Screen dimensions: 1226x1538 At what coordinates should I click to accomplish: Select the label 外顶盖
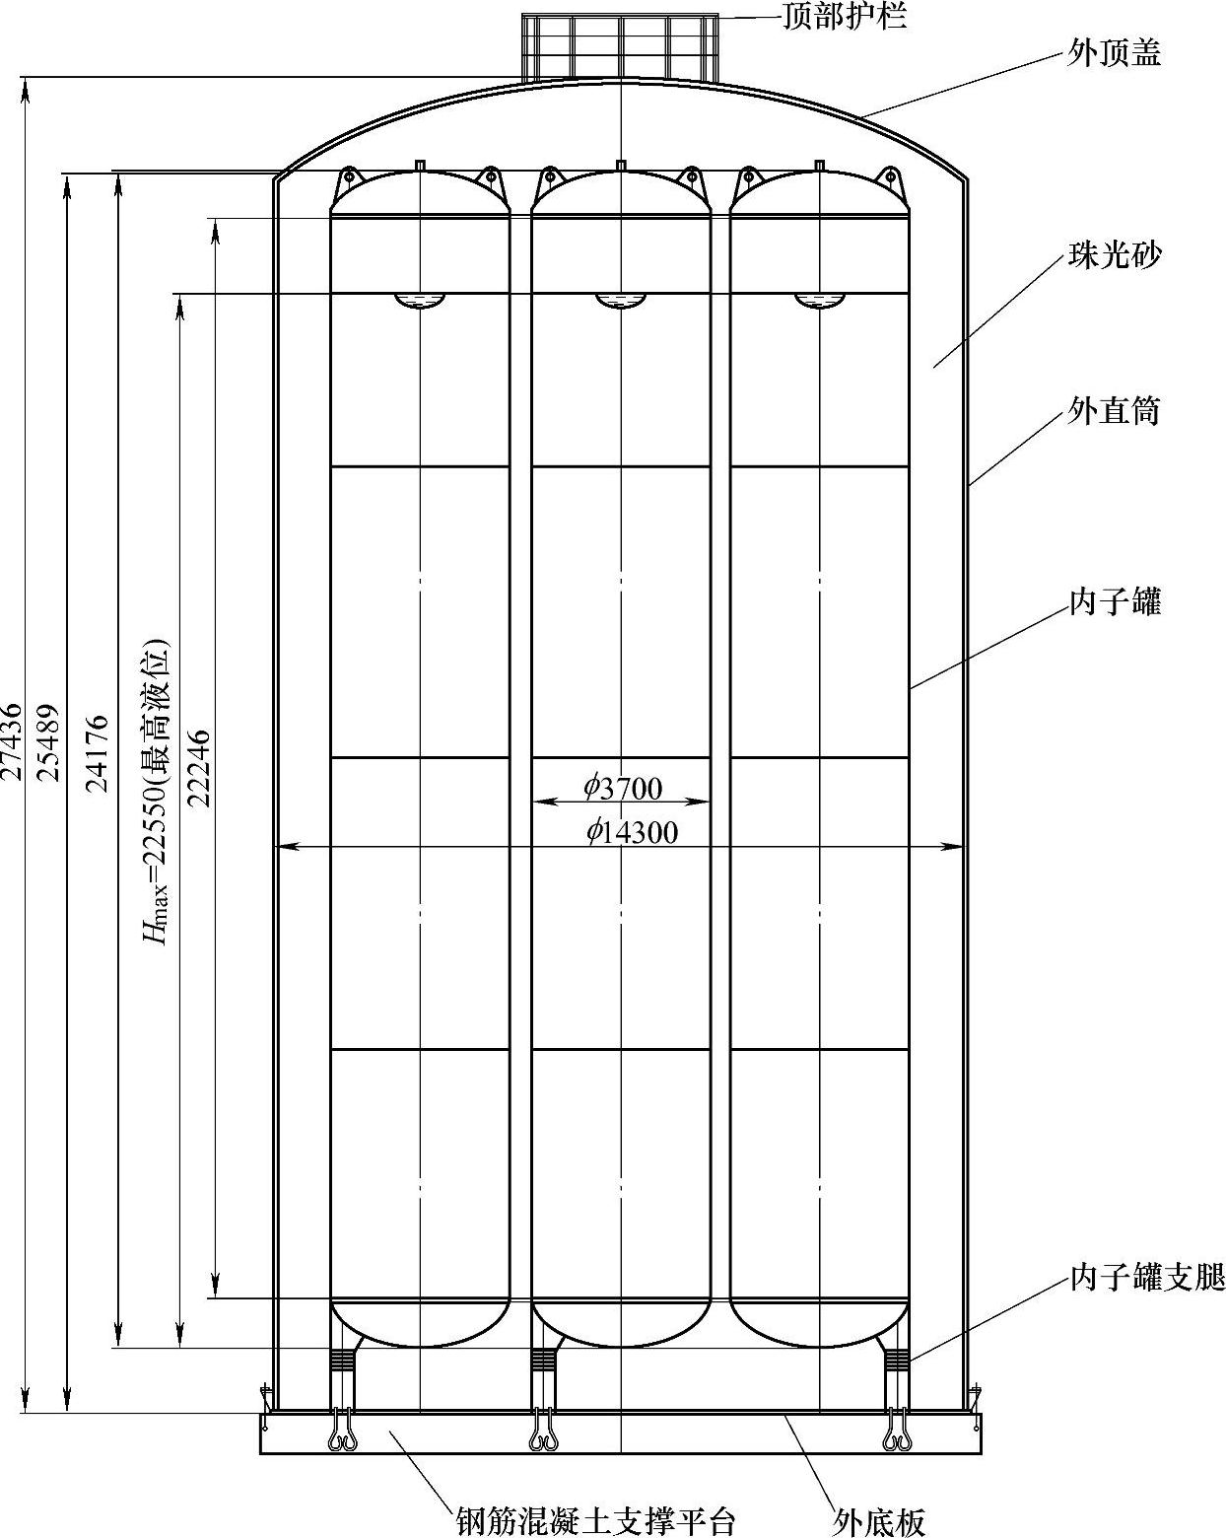(x=1114, y=52)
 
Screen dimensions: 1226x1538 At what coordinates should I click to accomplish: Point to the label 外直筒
(x=1114, y=410)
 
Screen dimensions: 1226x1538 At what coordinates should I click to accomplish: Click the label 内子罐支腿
(x=1146, y=1279)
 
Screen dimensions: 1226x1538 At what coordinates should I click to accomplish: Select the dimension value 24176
(x=98, y=754)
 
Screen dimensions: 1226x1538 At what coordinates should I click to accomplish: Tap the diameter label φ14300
(x=632, y=833)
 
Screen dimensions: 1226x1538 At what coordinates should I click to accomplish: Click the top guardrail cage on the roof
(x=620, y=47)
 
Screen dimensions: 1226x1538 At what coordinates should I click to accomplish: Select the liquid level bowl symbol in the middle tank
(x=620, y=301)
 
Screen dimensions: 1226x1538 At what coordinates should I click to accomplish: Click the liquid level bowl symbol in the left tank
(x=420, y=301)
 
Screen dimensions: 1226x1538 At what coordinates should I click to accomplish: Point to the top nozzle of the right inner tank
(x=819, y=165)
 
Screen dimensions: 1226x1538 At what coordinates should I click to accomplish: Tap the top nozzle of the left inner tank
(x=420, y=165)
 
